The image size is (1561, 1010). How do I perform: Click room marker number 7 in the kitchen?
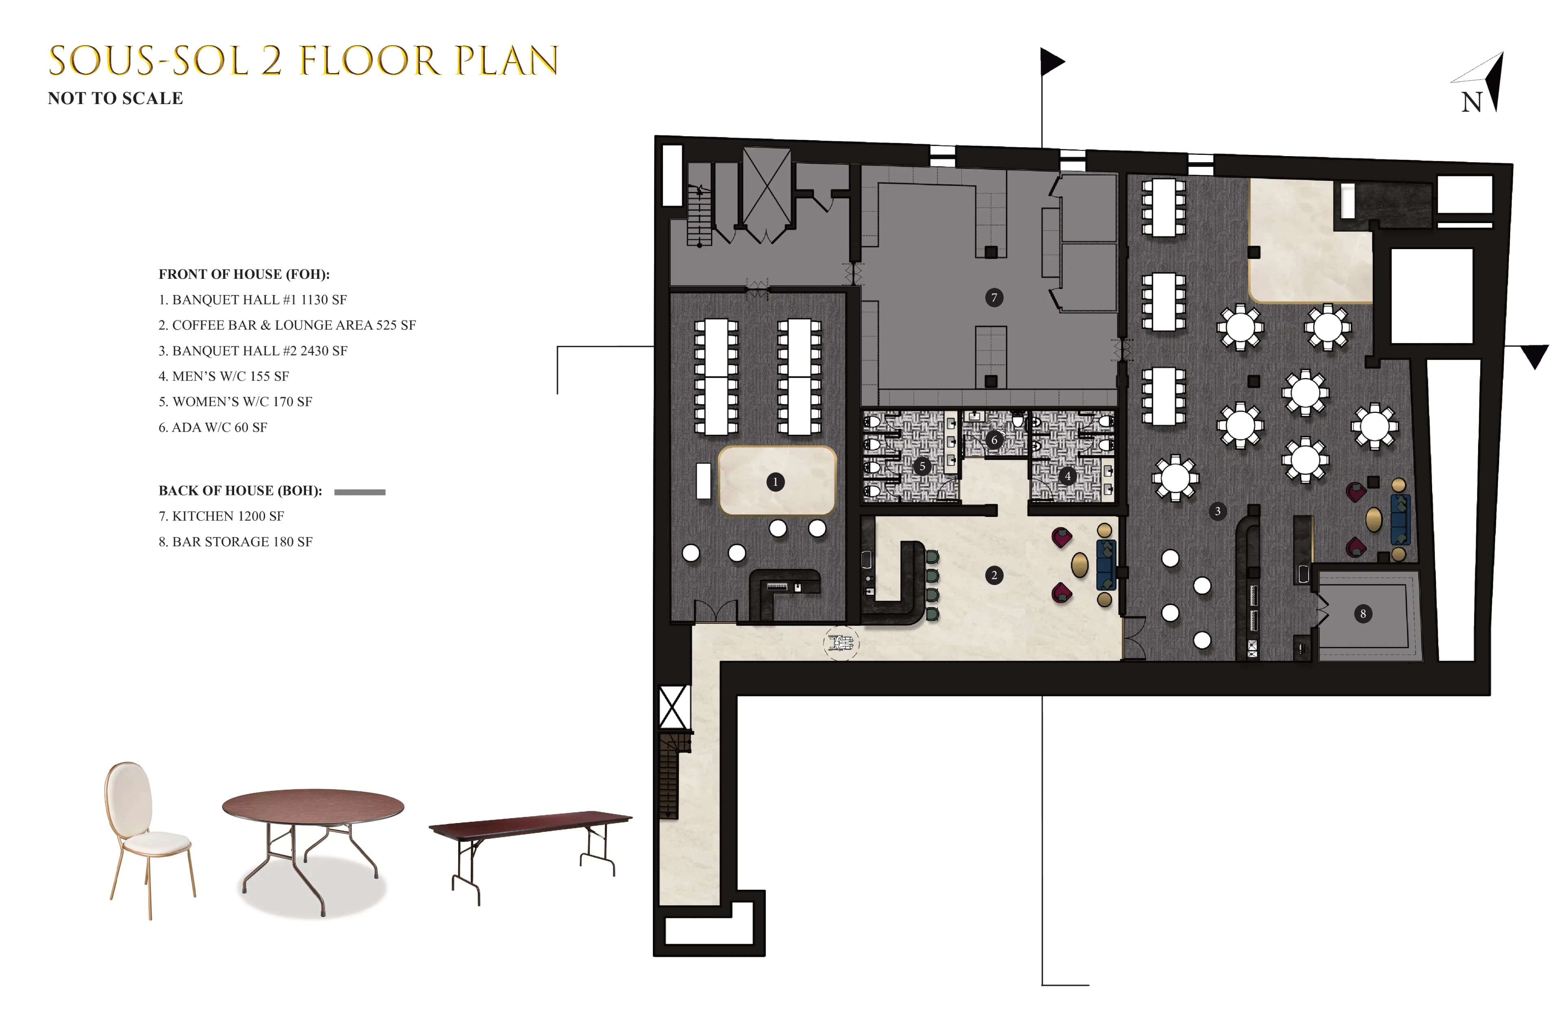[994, 298]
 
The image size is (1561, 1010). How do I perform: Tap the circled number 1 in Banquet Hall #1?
[774, 482]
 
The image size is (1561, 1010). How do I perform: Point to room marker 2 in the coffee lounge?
[994, 575]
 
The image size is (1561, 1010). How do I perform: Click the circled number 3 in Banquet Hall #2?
[1217, 511]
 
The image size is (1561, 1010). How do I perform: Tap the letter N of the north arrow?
[1471, 102]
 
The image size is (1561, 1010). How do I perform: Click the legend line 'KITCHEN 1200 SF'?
[222, 516]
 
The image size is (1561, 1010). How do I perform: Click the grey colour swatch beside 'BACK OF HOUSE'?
[359, 492]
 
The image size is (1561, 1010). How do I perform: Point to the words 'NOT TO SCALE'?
[115, 98]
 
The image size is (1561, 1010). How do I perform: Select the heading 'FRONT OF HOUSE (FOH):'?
[244, 274]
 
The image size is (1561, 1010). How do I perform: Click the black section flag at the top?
[1051, 62]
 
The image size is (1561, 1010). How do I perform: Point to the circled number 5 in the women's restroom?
[922, 466]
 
